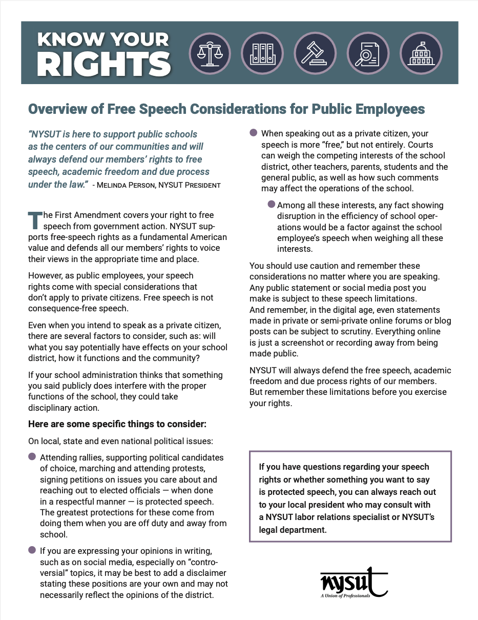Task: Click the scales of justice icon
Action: pyautogui.click(x=210, y=53)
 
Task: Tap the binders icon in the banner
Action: pyautogui.click(x=262, y=53)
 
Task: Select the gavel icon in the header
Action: pyautogui.click(x=315, y=53)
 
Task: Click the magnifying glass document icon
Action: pyautogui.click(x=367, y=53)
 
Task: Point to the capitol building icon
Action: pyautogui.click(x=420, y=53)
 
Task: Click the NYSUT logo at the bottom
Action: pyautogui.click(x=353, y=583)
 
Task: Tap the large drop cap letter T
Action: pyautogui.click(x=34, y=219)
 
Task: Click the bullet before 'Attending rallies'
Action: pyautogui.click(x=32, y=457)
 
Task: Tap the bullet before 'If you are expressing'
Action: pyautogui.click(x=32, y=550)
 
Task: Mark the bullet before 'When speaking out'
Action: pyautogui.click(x=253, y=133)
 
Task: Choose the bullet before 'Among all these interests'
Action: pyautogui.click(x=272, y=205)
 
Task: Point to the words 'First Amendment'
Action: pyautogui.click(x=100, y=215)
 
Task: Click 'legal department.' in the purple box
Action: pyautogui.click(x=293, y=530)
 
